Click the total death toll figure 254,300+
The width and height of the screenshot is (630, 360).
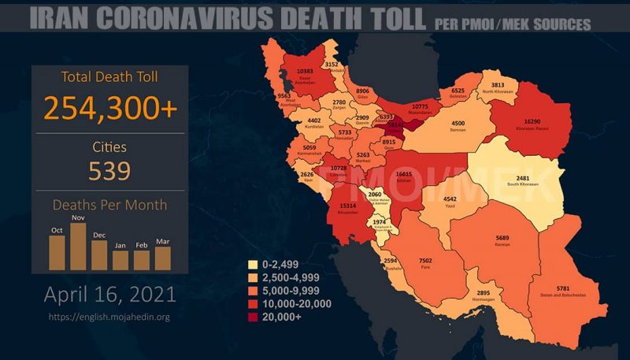pos(110,107)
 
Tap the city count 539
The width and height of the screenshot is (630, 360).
pos(109,170)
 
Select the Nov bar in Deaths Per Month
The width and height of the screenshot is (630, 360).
pos(78,246)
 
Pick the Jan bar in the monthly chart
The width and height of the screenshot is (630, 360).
pos(120,260)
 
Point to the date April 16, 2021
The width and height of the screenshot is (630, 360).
pos(109,295)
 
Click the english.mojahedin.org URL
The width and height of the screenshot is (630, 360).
pos(109,317)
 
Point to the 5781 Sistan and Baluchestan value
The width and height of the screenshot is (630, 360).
pos(562,289)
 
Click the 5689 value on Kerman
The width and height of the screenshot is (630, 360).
pos(502,238)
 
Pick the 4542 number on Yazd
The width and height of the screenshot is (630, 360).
pos(450,199)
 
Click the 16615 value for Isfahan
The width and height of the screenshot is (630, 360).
pos(404,173)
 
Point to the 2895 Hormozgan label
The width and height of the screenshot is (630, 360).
pos(484,293)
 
